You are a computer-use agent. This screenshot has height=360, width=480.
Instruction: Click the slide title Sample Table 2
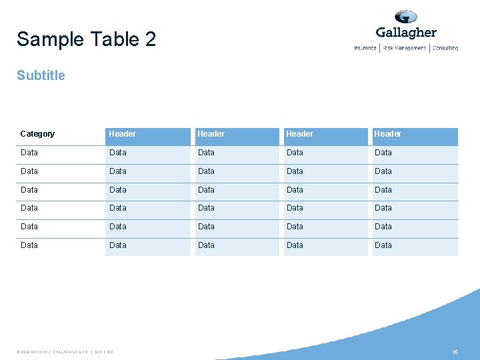[86, 39]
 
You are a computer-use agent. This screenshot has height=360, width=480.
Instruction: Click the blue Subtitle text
[41, 75]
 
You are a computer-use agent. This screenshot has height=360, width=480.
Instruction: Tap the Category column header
[37, 134]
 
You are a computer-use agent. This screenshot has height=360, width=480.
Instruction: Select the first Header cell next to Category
[123, 134]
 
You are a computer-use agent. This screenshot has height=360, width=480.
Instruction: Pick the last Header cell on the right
[388, 134]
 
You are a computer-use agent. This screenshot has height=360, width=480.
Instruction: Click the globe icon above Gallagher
[405, 17]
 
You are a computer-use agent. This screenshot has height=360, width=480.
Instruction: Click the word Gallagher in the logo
[406, 33]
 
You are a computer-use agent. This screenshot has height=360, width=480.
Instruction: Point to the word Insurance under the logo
[365, 48]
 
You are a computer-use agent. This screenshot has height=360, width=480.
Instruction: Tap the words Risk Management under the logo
[405, 48]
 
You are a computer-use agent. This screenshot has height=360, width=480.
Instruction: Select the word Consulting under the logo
[445, 48]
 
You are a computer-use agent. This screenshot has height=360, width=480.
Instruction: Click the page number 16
[455, 351]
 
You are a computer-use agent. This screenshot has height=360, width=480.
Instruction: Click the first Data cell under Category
[29, 153]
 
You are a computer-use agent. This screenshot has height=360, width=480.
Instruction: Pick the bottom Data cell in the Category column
[29, 245]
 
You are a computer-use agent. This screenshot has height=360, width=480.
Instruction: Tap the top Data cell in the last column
[383, 153]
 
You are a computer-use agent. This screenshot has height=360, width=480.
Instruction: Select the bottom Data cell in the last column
[383, 245]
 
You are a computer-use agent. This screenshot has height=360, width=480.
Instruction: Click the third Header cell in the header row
[299, 134]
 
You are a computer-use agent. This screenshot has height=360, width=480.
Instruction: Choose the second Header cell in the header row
[211, 134]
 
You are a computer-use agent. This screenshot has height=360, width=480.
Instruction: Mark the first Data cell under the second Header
[207, 153]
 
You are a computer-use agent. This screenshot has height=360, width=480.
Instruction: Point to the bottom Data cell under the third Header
[295, 245]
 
